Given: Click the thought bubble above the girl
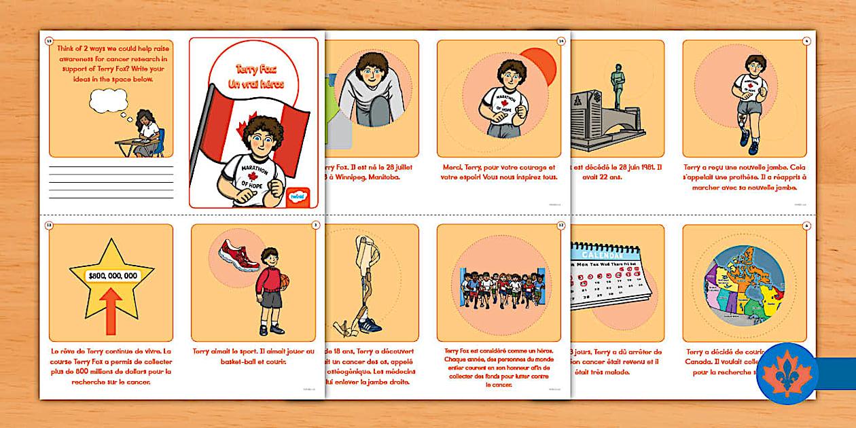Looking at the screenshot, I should pyautogui.click(x=109, y=101).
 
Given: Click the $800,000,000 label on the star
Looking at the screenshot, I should pyautogui.click(x=113, y=276).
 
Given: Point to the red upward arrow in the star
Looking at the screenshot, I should pyautogui.click(x=111, y=310).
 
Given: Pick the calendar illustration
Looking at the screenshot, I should pyautogui.click(x=609, y=276).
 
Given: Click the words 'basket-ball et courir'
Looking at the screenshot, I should pyautogui.click(x=253, y=361).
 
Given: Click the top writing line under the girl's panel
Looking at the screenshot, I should pyautogui.click(x=111, y=166).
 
